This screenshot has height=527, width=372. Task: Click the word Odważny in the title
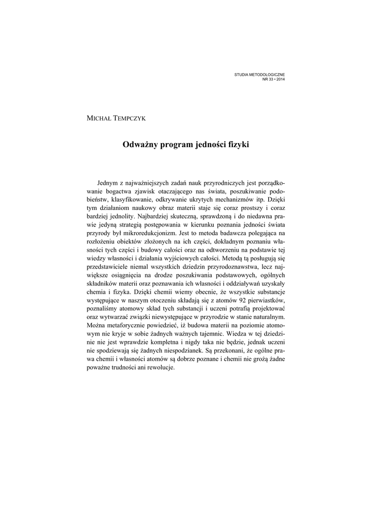point(139,145)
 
